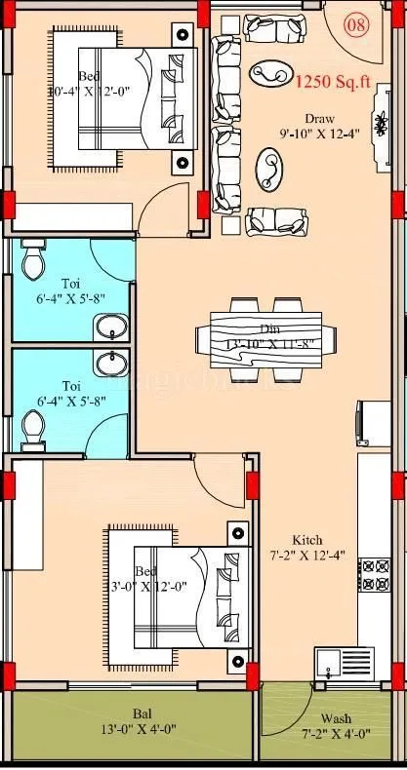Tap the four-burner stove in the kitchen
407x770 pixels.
pyautogui.click(x=373, y=575)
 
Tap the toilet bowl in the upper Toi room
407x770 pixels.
pyautogui.click(x=33, y=259)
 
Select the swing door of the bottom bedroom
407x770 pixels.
pyautogui.click(x=218, y=480)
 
